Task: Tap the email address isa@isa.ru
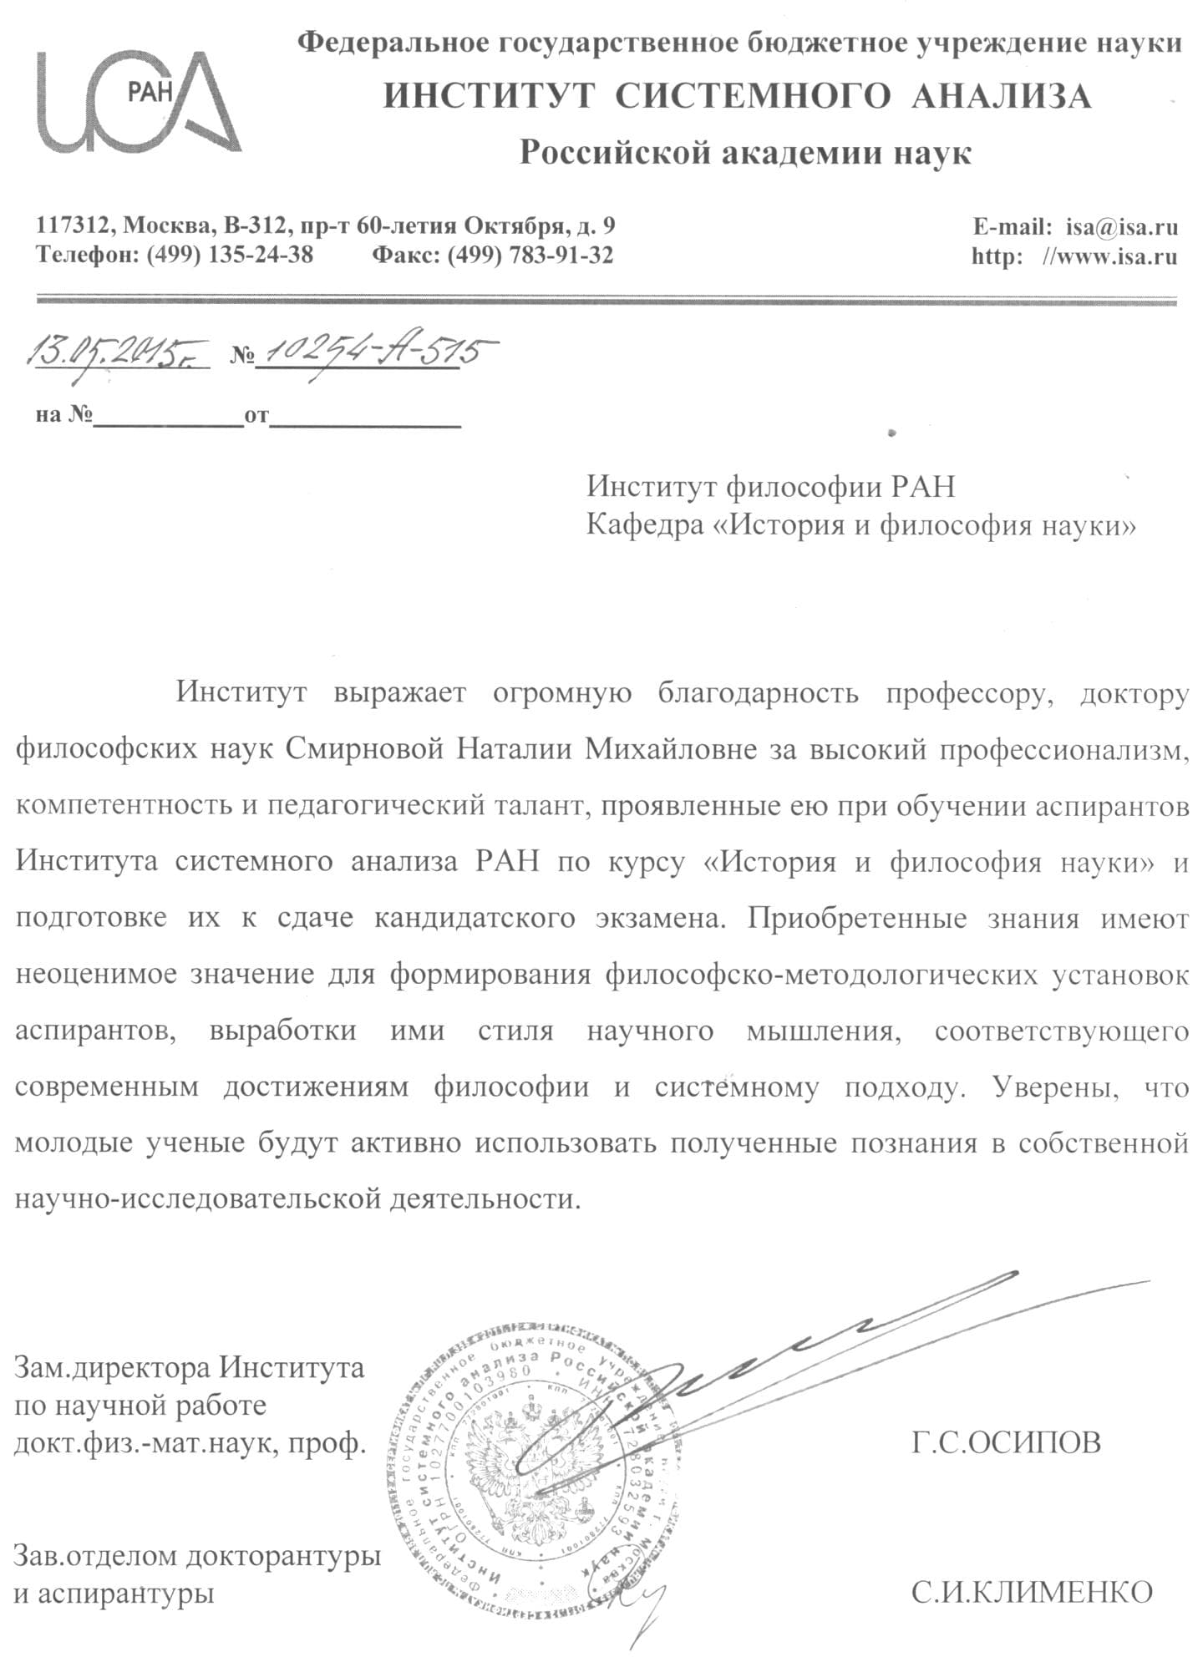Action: click(x=1121, y=226)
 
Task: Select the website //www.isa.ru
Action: click(x=1110, y=256)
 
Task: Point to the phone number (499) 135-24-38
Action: click(x=230, y=255)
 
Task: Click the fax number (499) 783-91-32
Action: click(x=530, y=255)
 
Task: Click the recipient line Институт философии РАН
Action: click(x=769, y=486)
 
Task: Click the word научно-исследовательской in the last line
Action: click(x=198, y=1199)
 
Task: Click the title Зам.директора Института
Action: click(x=190, y=1368)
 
